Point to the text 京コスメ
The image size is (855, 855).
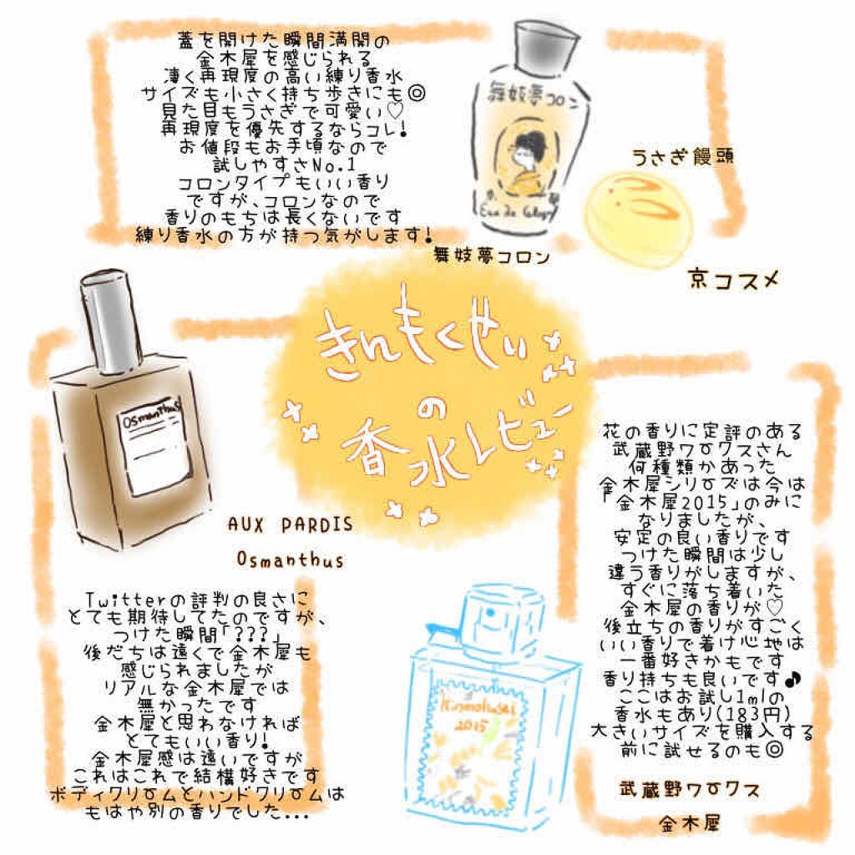point(734,279)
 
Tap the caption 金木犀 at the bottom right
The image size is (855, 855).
point(691,823)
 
